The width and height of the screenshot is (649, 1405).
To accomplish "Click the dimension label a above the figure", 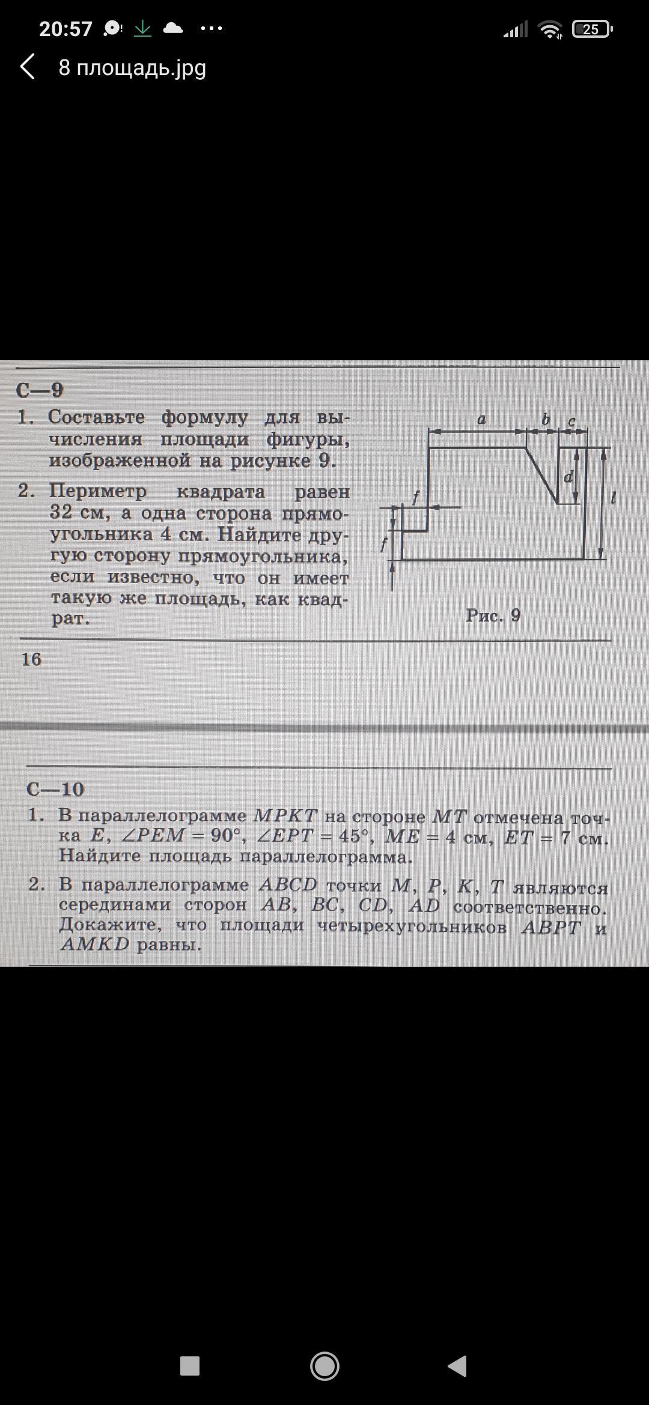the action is pyautogui.click(x=481, y=420).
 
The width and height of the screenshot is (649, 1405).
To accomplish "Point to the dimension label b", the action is pyautogui.click(x=546, y=420).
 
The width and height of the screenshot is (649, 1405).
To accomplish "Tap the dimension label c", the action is pyautogui.click(x=571, y=421).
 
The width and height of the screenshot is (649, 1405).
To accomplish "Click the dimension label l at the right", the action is pyautogui.click(x=612, y=498).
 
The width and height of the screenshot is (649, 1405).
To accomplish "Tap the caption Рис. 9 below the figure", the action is pyautogui.click(x=493, y=615).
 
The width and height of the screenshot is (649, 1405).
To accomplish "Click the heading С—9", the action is pyautogui.click(x=40, y=390).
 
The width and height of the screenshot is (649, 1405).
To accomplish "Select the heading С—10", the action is pyautogui.click(x=55, y=789).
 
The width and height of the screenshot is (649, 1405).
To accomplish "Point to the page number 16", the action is pyautogui.click(x=31, y=659).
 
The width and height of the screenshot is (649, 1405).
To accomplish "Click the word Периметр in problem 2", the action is pyautogui.click(x=97, y=491).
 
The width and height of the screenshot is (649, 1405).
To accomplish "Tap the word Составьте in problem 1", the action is pyautogui.click(x=96, y=417).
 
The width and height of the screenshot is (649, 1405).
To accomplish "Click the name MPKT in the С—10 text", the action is pyautogui.click(x=285, y=815).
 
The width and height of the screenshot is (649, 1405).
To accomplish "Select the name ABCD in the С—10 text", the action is pyautogui.click(x=288, y=885).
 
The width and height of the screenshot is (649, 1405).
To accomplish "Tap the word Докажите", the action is pyautogui.click(x=110, y=925).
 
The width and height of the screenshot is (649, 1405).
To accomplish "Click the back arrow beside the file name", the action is pyautogui.click(x=28, y=67).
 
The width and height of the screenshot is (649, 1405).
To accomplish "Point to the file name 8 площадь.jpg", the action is pyautogui.click(x=132, y=68).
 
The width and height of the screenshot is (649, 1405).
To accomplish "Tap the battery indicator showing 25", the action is pyautogui.click(x=591, y=29).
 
